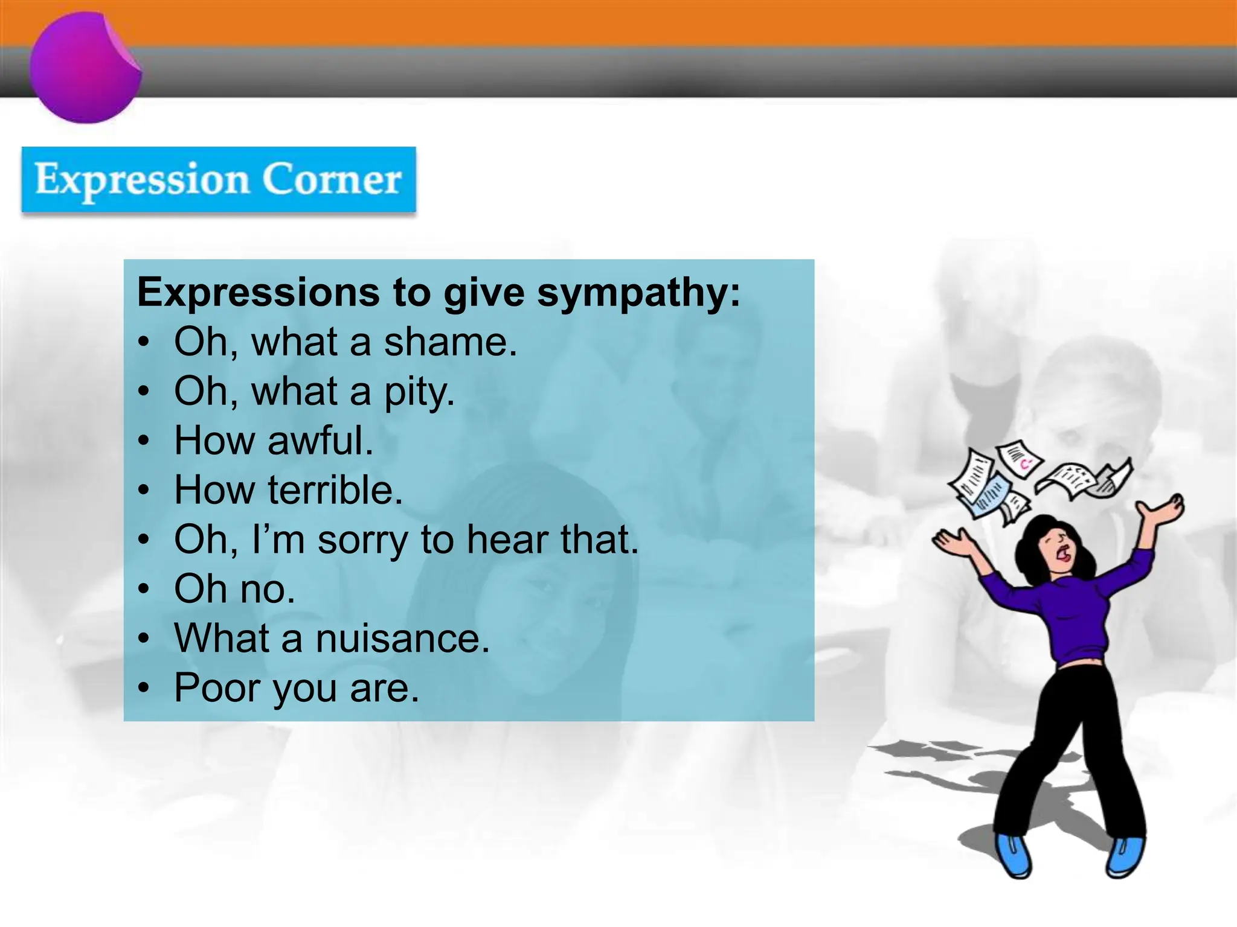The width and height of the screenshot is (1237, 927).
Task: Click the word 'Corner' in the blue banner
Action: (331, 179)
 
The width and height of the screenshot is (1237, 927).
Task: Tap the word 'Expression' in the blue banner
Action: (142, 180)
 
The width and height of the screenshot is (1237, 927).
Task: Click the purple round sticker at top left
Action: (85, 68)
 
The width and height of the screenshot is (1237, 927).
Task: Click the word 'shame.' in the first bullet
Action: (451, 342)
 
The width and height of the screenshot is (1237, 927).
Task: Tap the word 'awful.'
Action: (320, 441)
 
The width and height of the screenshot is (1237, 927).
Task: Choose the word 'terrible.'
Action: (335, 490)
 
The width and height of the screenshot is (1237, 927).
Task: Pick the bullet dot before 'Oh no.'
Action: (143, 589)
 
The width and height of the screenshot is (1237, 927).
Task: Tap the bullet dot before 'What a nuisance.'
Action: (143, 639)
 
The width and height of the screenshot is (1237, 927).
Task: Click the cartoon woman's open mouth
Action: (1064, 553)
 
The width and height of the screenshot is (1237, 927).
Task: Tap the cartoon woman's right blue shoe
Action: (1124, 856)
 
